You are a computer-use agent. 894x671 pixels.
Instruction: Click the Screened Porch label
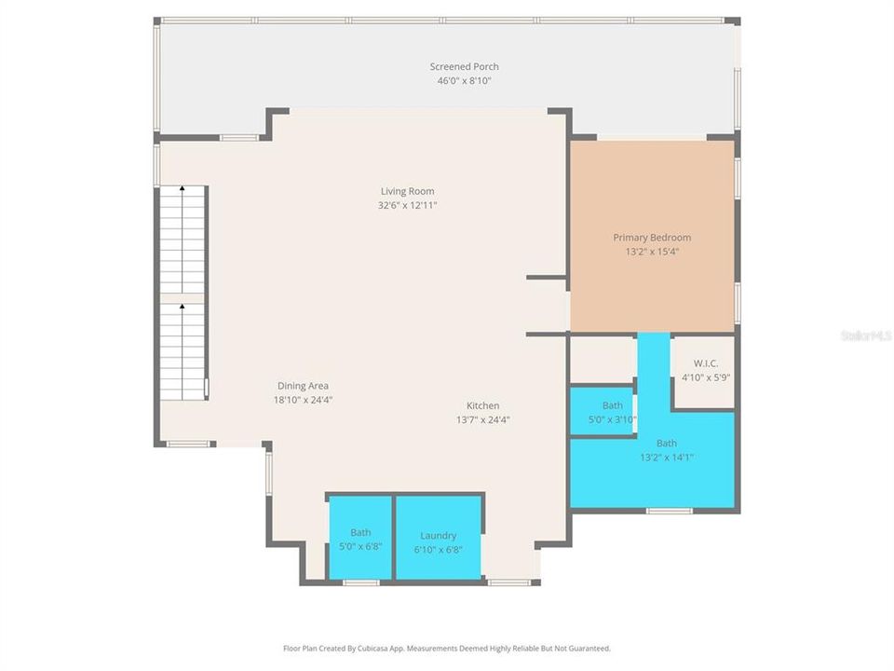click(464, 66)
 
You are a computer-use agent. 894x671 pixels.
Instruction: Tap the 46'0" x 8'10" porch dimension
click(464, 81)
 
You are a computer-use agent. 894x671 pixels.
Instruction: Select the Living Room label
click(407, 191)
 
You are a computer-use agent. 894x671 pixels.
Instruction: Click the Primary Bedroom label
click(652, 238)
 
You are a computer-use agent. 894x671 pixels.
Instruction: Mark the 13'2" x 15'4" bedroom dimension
click(652, 252)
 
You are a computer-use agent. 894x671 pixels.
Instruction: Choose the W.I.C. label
click(705, 363)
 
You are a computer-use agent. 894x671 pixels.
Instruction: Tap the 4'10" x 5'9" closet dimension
click(705, 377)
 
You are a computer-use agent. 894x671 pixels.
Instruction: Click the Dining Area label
click(303, 386)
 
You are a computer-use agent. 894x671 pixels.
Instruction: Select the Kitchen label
click(482, 405)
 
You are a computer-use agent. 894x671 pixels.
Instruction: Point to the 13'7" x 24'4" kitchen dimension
click(482, 419)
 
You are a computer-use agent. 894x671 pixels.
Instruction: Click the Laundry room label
click(438, 536)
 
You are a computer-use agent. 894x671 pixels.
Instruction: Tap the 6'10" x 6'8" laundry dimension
click(438, 549)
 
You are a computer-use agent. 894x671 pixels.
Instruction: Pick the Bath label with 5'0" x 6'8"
click(360, 532)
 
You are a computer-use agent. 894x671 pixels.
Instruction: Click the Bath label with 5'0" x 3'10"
click(612, 405)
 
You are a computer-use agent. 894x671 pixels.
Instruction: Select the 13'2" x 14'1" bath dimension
click(667, 457)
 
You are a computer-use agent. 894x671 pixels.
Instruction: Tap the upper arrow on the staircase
click(182, 188)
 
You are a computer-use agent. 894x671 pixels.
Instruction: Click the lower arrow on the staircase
click(182, 305)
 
